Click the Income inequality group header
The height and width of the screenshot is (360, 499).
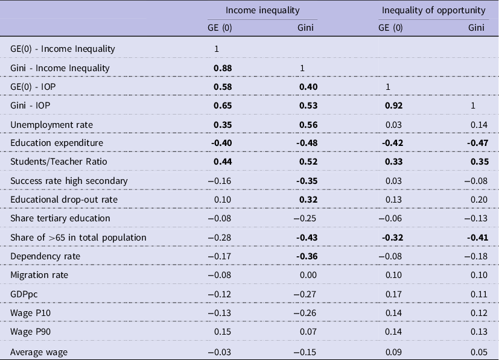pyautogui.click(x=262, y=10)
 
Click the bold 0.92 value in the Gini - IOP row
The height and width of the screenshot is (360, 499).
pyautogui.click(x=391, y=105)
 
